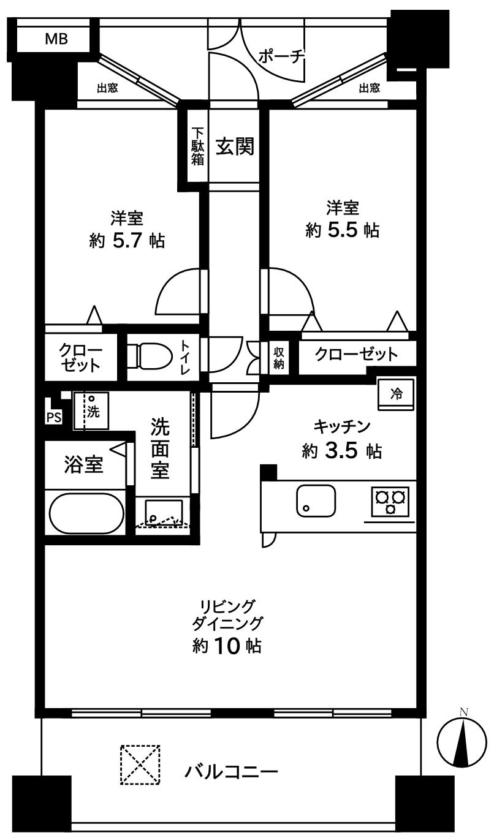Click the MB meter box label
click(56, 40)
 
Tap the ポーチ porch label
click(281, 56)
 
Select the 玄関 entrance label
click(234, 147)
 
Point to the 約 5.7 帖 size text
click(127, 240)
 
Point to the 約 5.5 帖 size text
click(342, 230)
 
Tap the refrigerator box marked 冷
click(396, 394)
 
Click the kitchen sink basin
click(316, 499)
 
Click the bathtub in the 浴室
click(85, 513)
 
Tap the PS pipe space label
click(53, 418)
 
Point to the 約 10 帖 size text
click(227, 646)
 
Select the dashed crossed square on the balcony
click(140, 764)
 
